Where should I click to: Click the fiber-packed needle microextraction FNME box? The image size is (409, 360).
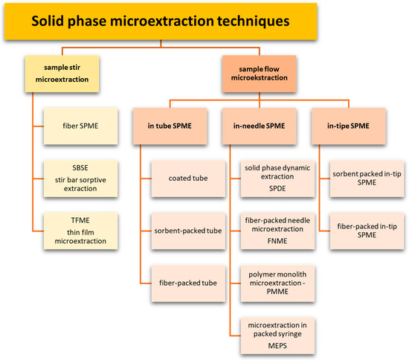[277, 230]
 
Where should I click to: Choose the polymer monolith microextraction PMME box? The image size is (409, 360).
[277, 282]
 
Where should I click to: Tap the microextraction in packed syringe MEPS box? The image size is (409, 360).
[277, 334]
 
